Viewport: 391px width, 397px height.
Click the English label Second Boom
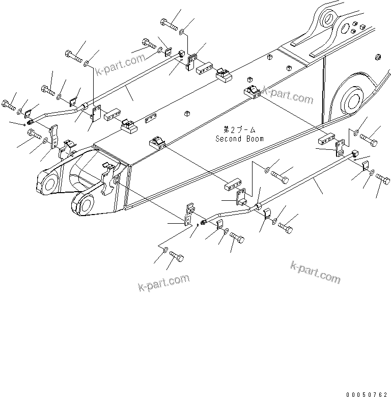(x=239, y=138)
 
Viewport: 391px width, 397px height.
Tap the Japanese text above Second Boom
(x=239, y=130)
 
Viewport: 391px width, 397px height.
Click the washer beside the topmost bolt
(x=182, y=32)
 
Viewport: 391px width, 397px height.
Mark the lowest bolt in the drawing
(x=177, y=256)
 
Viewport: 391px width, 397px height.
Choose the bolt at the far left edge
(x=9, y=105)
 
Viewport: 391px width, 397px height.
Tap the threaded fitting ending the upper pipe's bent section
(x=32, y=121)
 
